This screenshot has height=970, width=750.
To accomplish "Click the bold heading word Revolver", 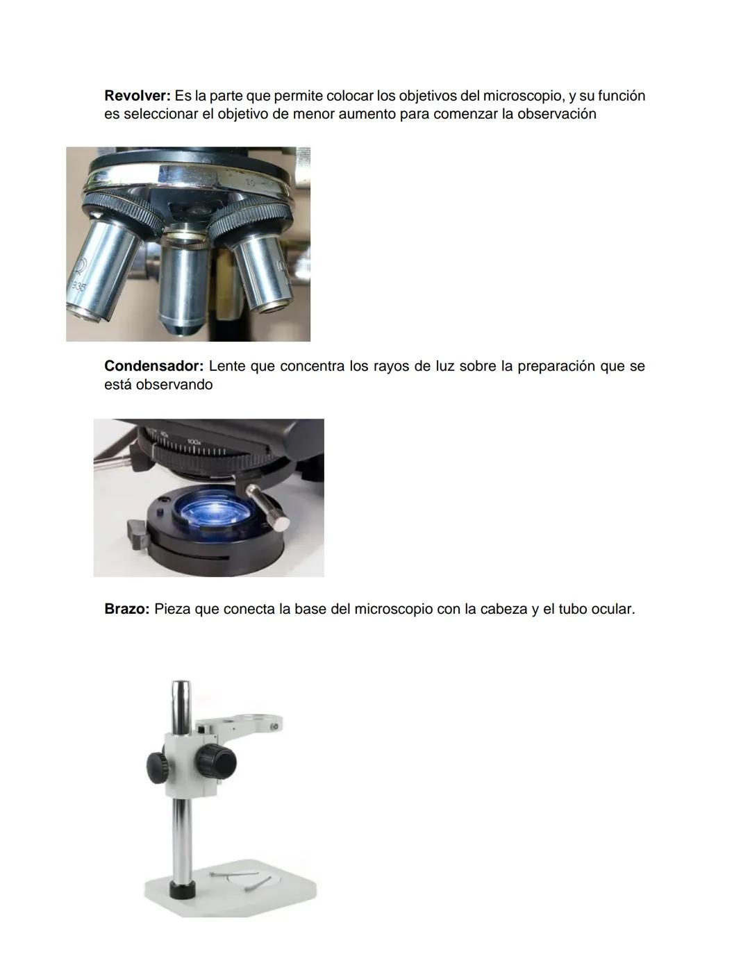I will point(137,96).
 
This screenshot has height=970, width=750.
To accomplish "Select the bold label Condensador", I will point(153,366).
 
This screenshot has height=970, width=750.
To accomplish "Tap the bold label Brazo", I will point(126,609).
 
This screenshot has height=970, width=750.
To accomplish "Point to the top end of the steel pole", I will point(181,686).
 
